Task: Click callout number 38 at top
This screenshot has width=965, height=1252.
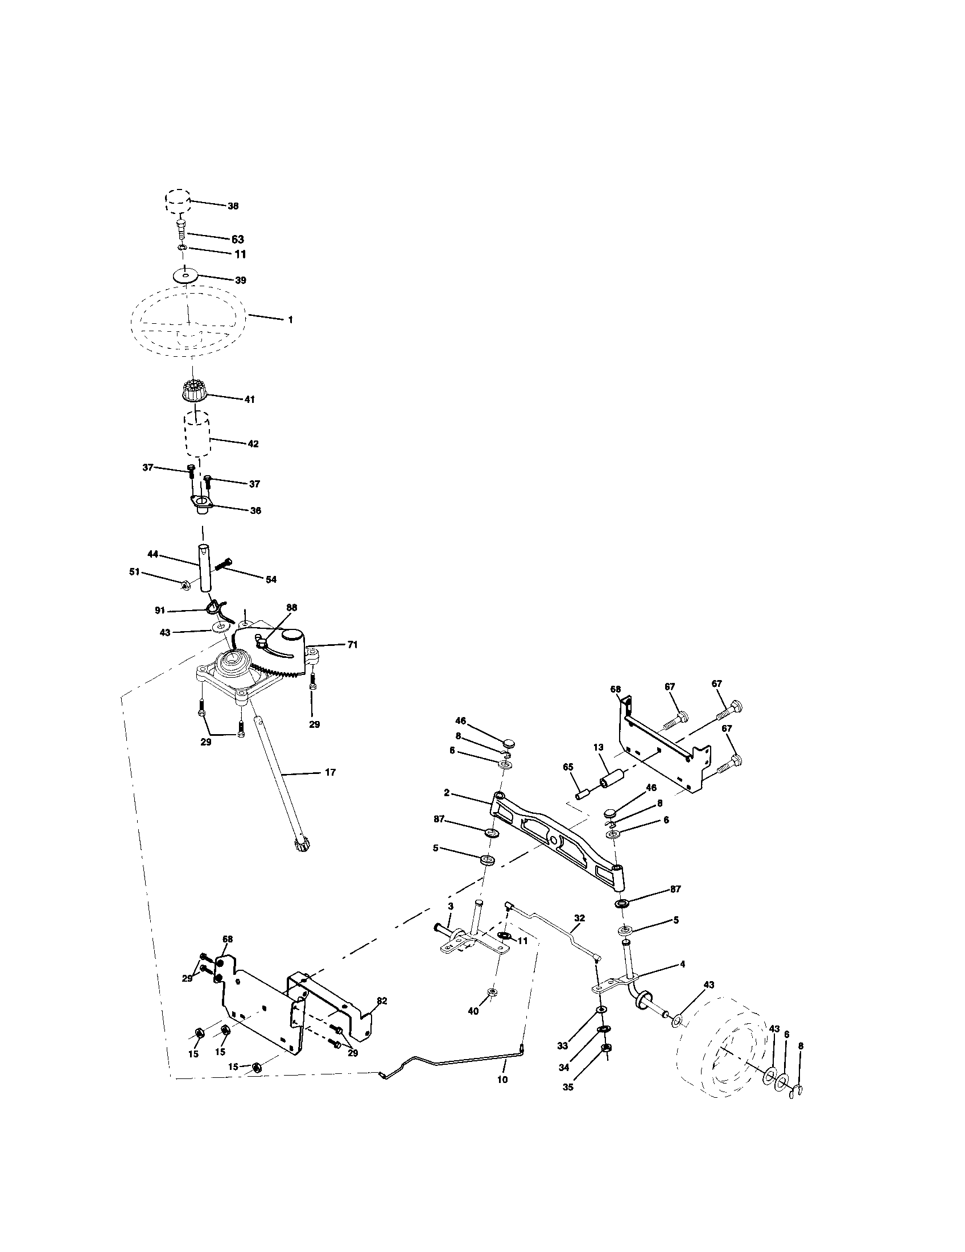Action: (233, 206)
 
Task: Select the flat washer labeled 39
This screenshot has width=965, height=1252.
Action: (184, 276)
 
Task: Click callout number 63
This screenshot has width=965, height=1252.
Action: (237, 239)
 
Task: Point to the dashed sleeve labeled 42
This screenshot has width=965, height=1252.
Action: (196, 436)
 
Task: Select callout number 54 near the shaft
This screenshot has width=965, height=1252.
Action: (270, 579)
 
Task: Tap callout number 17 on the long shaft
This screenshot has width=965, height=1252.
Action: (330, 772)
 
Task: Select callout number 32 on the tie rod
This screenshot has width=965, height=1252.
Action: (579, 917)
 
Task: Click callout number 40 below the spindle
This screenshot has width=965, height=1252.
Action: (473, 1011)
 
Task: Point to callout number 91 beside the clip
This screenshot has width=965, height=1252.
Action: (160, 611)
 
